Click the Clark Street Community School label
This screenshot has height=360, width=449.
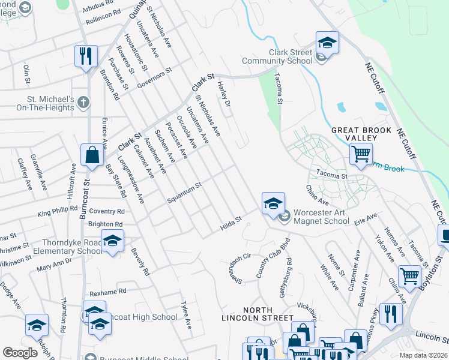tap(277, 57)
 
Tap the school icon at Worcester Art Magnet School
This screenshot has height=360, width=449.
tap(273, 203)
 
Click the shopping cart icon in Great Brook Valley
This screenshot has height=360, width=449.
tap(361, 154)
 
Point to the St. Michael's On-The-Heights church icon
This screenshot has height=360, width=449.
tap(83, 103)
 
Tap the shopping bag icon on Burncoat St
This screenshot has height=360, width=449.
tap(92, 155)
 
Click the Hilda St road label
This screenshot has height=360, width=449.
tap(231, 224)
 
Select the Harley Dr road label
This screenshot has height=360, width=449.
tap(224, 94)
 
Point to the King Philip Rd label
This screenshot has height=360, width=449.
tap(58, 212)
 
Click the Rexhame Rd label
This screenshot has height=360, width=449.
tap(107, 292)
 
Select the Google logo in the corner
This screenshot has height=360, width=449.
tap(20, 352)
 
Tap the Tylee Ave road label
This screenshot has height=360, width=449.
tap(186, 315)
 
